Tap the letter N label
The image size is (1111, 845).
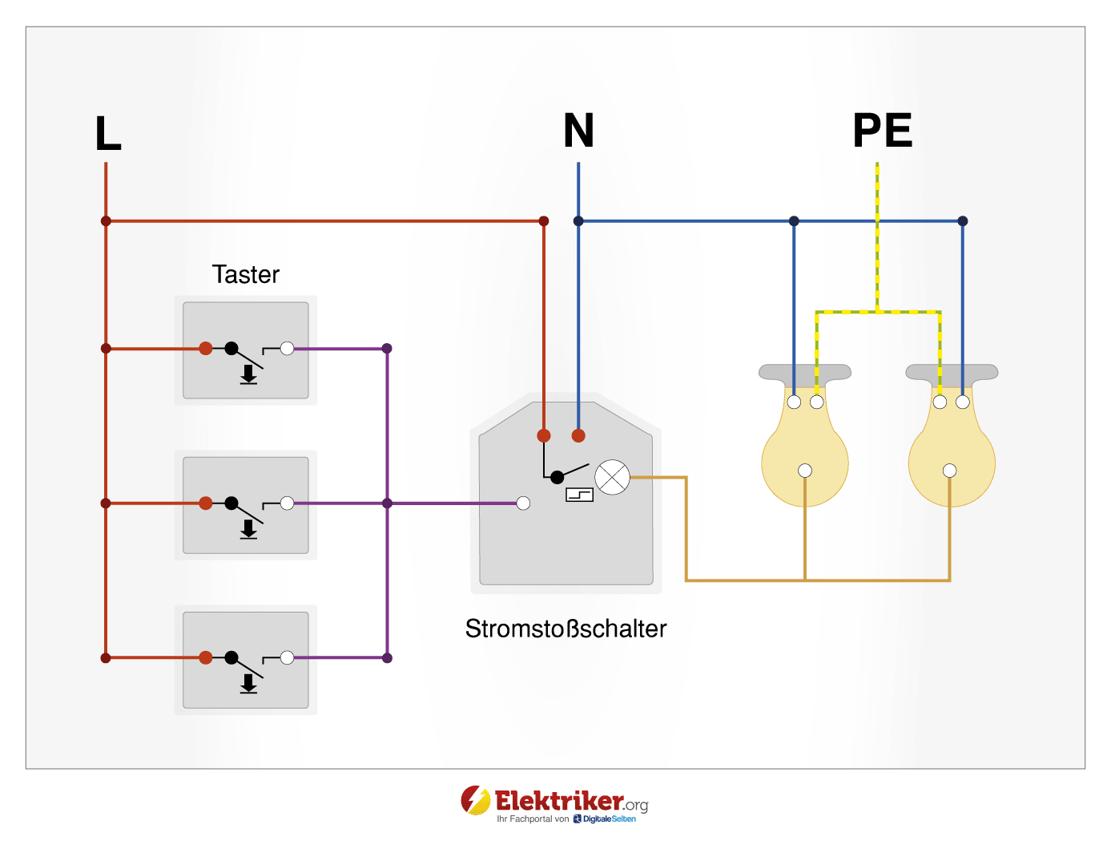pos(578,131)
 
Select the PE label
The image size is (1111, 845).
pos(882,131)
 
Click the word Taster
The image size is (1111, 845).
pos(245,274)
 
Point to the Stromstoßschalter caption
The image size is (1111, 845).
pos(566,629)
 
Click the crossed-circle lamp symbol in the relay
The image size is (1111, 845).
pos(613,478)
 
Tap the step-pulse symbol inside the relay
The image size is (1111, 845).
pos(580,495)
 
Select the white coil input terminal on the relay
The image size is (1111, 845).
pos(523,503)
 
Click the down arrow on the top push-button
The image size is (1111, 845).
pos(249,374)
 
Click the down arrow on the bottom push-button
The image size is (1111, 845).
pos(249,684)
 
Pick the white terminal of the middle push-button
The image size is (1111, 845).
pos(287,503)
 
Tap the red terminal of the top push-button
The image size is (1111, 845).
pos(206,348)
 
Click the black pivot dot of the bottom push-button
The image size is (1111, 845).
pos(231,657)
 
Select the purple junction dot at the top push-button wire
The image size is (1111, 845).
pos(387,348)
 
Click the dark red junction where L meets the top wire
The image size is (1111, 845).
pos(106,220)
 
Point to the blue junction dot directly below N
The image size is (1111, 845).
pos(578,220)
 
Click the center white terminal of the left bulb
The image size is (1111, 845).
pos(805,471)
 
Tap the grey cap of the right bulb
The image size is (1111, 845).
pos(952,372)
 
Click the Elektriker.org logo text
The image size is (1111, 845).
pos(559,801)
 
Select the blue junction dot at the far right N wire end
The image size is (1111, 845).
pos(963,220)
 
